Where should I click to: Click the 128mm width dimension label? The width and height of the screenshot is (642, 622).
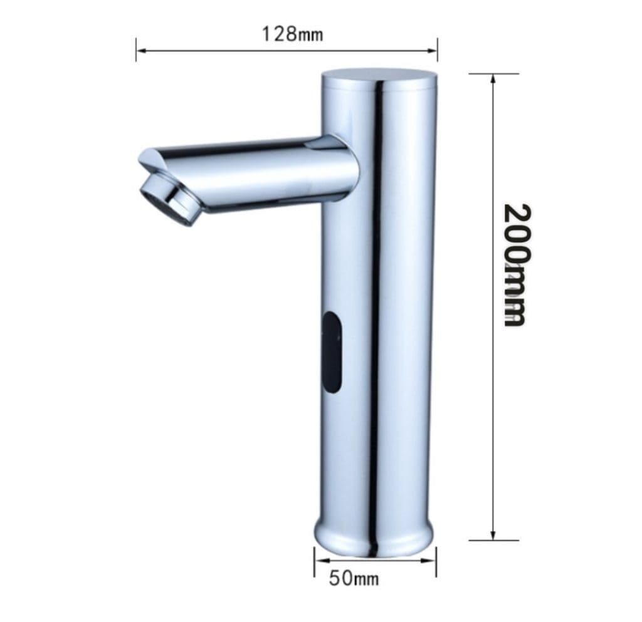point(292,33)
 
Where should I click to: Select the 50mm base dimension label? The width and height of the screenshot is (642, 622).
point(354,578)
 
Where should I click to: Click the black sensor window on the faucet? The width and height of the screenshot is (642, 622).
point(334,353)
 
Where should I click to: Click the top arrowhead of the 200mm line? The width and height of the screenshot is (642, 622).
point(494,78)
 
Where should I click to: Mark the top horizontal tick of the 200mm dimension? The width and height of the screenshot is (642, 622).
point(494,74)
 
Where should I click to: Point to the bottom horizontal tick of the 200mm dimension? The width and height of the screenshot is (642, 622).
point(494,540)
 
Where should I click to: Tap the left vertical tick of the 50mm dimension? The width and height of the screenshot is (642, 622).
point(314,561)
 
